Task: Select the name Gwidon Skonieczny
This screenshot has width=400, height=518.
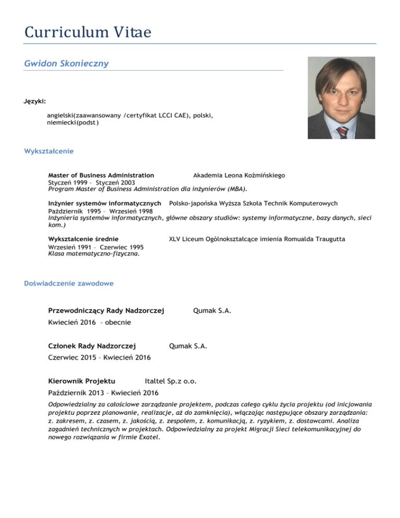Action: pos(66,63)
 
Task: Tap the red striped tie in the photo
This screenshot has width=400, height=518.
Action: pos(342,131)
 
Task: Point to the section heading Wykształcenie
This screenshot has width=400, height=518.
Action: pos(48,151)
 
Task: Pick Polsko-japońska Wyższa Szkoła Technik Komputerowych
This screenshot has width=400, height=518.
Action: pos(246,203)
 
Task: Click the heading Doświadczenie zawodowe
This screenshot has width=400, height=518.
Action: pos(69,283)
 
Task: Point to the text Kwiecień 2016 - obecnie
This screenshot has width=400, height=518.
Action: pos(89,323)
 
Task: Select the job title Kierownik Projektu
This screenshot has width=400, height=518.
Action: pos(81,381)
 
